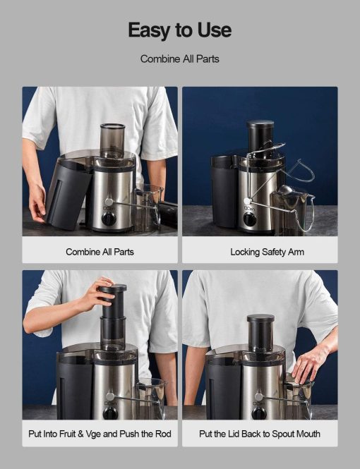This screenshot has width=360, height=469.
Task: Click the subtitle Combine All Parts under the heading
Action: point(179,59)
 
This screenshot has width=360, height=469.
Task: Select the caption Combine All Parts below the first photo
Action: point(100,252)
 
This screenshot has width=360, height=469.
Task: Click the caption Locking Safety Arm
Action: point(267,252)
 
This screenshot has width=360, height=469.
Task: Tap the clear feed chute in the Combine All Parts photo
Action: point(112,141)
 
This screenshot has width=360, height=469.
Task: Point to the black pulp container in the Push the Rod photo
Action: point(72,386)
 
